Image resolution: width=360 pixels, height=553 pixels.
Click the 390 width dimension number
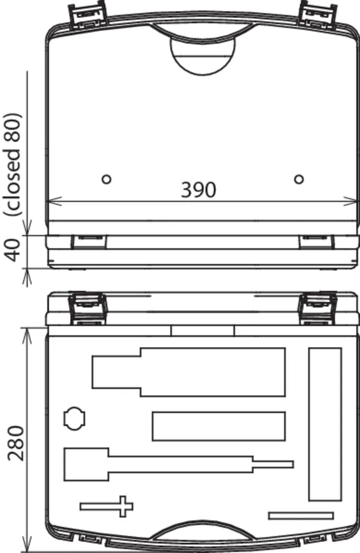[198, 190]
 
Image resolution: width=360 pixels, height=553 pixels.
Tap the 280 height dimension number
[16, 443]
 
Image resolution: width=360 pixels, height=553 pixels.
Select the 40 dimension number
[14, 250]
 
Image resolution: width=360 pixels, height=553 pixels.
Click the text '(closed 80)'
[13, 165]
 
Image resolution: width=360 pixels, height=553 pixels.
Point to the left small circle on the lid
[107, 179]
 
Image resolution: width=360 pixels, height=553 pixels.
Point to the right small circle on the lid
[299, 179]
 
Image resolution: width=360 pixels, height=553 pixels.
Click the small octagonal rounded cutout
[75, 419]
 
